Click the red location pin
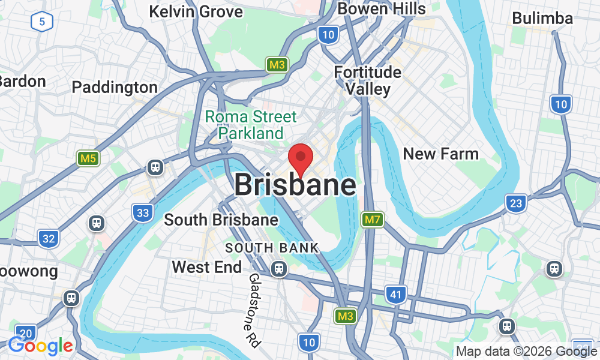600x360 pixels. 301,157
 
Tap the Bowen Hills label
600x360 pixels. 382,8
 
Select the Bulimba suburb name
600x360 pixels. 542,19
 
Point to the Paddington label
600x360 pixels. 115,87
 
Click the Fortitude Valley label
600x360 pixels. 368,81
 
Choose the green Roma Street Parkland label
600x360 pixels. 251,124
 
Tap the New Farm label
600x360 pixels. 440,154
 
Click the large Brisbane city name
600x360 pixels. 295,184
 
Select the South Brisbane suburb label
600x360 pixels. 221,220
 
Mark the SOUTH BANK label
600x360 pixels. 272,248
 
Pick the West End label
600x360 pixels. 206,267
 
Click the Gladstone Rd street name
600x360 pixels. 254,311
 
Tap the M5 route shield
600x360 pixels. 88,159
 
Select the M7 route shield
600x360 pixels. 373,220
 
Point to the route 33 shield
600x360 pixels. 142,212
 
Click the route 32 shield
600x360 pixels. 49,239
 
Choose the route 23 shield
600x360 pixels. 515,203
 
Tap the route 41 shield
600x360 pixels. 395,295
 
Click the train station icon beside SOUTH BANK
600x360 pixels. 278,268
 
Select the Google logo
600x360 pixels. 40,346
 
